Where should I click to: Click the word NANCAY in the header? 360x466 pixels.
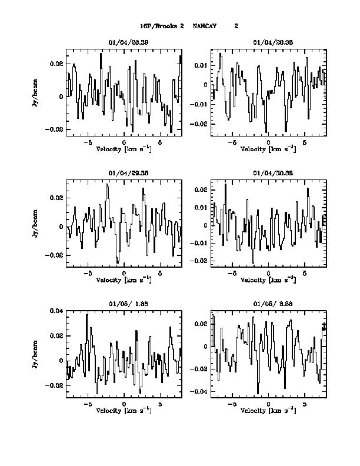tap(205, 26)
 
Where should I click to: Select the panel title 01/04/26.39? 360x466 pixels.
tap(125, 42)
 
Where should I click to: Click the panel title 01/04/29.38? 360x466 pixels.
tap(125, 174)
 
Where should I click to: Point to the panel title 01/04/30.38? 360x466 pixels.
tap(269, 174)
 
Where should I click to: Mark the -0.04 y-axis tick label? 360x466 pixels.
tap(199, 391)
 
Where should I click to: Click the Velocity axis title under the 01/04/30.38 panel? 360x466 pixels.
tap(269, 280)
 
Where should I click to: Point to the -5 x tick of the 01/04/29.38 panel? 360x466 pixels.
tap(88, 274)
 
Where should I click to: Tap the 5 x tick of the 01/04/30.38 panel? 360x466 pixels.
tap(305, 274)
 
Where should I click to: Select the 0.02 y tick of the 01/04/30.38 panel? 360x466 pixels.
tap(201, 190)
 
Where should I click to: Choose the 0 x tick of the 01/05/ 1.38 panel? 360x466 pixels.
tap(124, 405)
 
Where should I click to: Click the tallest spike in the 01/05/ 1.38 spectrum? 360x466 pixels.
tap(86, 315)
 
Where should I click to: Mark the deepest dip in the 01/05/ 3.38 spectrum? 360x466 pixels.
tap(258, 392)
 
